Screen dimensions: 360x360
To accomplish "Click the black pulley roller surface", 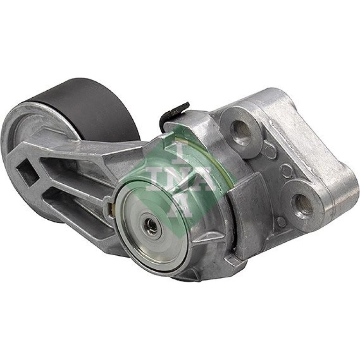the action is click(x=92, y=108).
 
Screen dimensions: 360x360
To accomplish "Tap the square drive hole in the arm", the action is click(x=28, y=172).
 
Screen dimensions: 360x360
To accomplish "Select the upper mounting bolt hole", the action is click(x=241, y=130).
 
